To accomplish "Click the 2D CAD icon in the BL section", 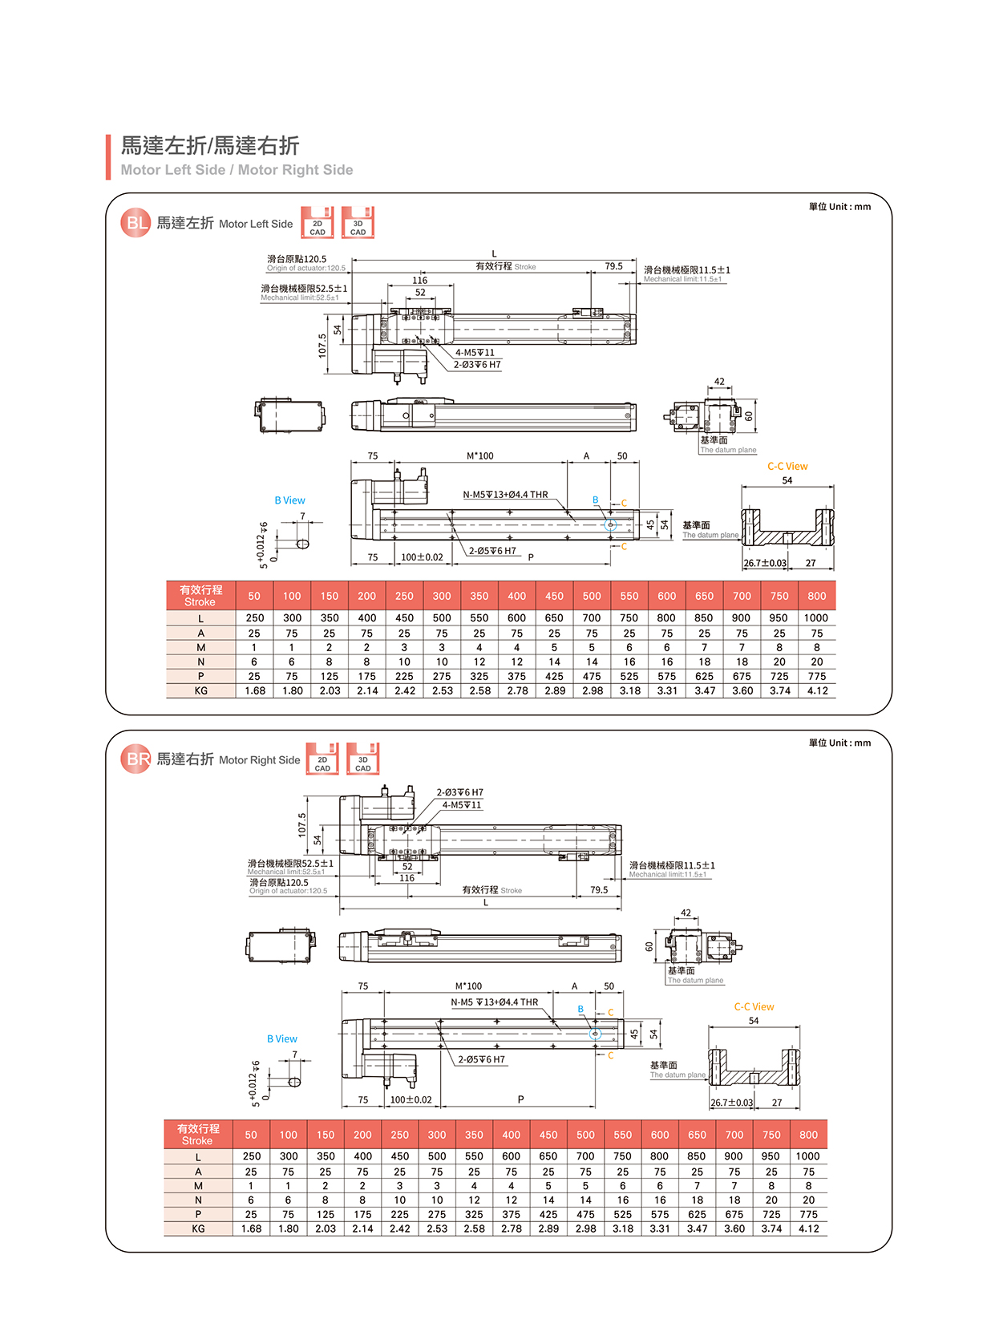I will click(x=318, y=223).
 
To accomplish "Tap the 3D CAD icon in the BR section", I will click(x=362, y=759).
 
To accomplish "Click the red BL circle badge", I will click(x=136, y=223).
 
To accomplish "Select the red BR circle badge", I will click(x=136, y=759).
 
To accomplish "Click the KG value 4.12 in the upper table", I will click(x=817, y=690).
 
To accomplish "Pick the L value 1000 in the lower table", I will click(x=807, y=1156).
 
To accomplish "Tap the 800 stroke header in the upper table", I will click(x=817, y=596).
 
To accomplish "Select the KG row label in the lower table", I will click(x=198, y=1229).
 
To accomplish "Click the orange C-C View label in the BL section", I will click(x=787, y=466).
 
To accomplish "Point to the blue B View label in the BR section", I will click(x=282, y=1038).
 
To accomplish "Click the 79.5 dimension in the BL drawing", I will click(x=614, y=266).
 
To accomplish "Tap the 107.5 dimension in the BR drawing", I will click(x=302, y=824).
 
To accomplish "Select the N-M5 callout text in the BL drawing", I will click(x=505, y=495).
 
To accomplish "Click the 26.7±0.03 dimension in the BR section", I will click(x=732, y=1103).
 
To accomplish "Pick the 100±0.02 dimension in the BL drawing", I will click(x=422, y=557).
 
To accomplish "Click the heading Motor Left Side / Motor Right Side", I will click(x=237, y=170).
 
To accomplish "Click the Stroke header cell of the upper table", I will click(x=200, y=596).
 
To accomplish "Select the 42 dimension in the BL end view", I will click(x=719, y=382).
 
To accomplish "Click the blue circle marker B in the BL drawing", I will click(x=610, y=525).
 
